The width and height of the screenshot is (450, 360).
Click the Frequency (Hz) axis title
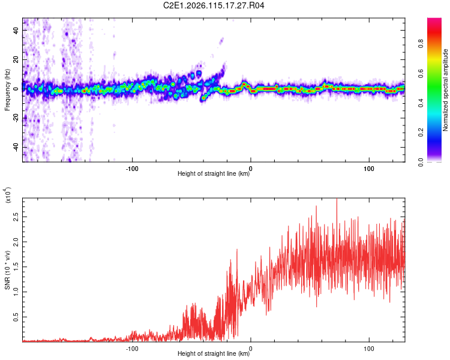click(x=8, y=90)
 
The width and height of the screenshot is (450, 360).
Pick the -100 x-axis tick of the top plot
click(x=133, y=167)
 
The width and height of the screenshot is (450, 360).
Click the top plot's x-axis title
click(x=214, y=174)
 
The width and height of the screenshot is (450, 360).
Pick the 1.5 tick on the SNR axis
click(x=16, y=266)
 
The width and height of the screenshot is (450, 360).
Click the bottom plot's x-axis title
click(x=214, y=353)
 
